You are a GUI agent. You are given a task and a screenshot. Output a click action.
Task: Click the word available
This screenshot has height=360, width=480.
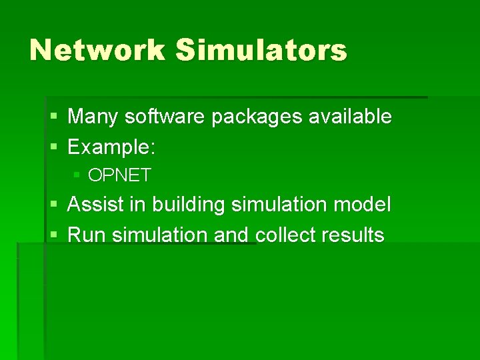coord(349,117)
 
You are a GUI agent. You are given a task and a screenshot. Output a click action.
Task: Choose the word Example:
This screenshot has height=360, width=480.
coord(112,147)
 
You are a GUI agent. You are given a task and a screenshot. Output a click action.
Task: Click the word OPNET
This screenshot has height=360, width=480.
coord(120,176)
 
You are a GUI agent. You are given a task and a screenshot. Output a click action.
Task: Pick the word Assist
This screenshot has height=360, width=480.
coord(96,205)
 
